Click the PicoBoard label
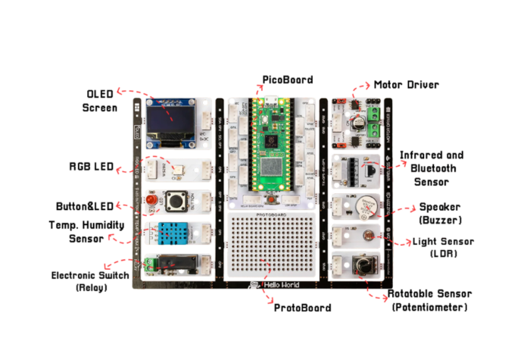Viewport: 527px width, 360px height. point(287,80)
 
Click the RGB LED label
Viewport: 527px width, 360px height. point(92,167)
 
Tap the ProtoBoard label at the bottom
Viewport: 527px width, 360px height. point(302,308)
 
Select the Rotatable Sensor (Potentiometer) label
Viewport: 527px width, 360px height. point(428,300)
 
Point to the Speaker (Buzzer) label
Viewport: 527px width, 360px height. point(439,213)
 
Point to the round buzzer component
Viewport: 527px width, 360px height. point(366,206)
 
